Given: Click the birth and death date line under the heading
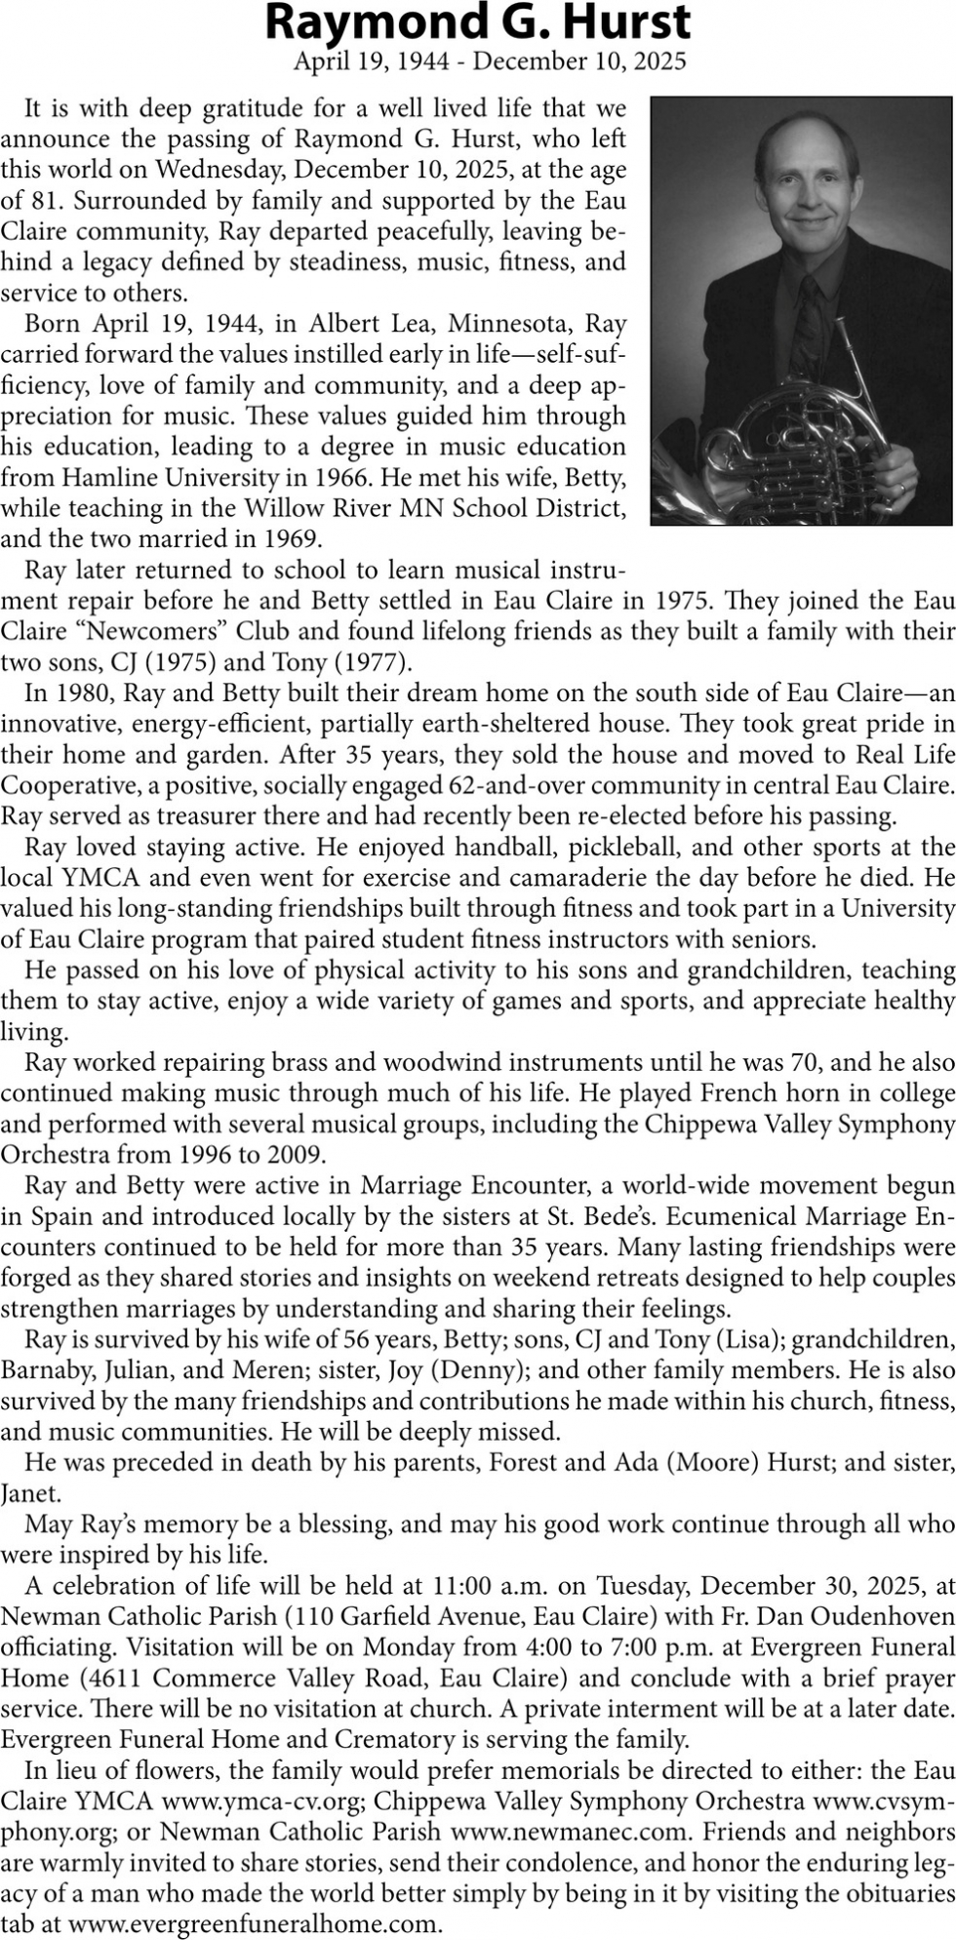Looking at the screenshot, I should pyautogui.click(x=490, y=61).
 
